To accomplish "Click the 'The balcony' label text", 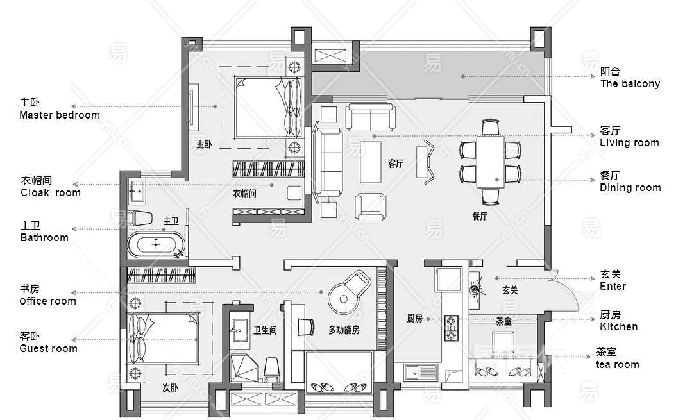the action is point(630,83).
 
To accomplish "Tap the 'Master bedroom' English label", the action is point(60,115).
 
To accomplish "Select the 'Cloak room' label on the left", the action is point(51,193).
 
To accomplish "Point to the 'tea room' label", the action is point(618,365).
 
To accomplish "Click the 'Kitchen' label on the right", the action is point(619,326).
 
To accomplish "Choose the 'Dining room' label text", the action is point(630,188).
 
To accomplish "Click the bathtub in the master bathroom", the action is point(156,245).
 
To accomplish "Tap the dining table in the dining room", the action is point(490,162).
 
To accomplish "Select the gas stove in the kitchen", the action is point(450,328).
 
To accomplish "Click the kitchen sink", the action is point(421,372).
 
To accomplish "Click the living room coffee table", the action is point(370,162).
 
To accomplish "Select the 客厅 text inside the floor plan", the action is point(395,164).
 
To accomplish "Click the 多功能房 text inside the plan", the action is point(344,330).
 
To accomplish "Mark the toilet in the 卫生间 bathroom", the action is point(271,369).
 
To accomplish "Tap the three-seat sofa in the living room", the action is point(328,162).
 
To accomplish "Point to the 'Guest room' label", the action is point(48,348).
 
